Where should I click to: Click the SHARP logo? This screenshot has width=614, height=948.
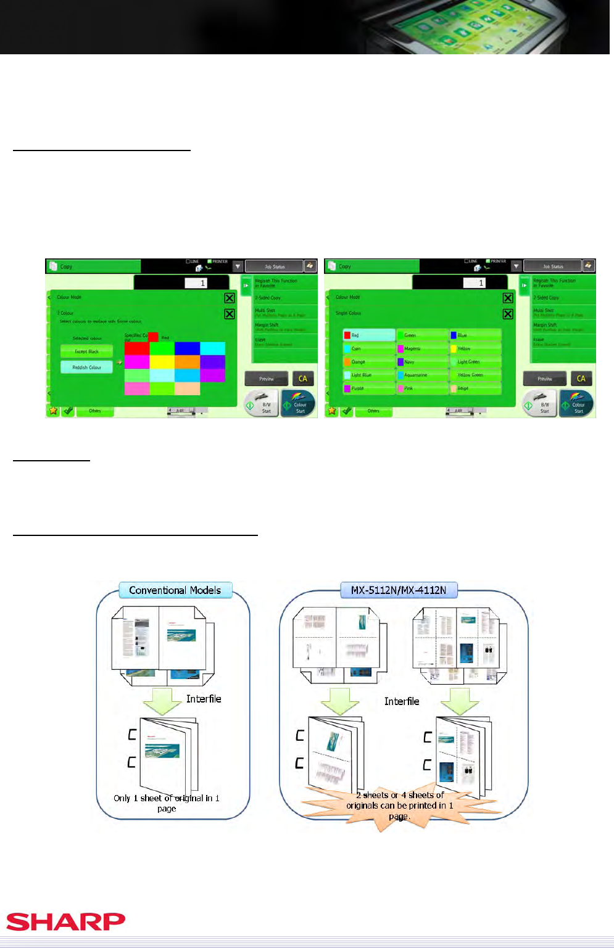click(65, 921)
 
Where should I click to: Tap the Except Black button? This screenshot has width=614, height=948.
click(86, 352)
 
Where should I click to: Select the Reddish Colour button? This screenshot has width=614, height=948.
click(86, 367)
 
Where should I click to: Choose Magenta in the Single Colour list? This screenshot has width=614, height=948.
click(421, 348)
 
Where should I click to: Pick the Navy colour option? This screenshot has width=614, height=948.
click(421, 362)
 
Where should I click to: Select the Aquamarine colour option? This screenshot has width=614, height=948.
click(421, 375)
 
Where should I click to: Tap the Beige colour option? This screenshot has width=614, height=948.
click(475, 389)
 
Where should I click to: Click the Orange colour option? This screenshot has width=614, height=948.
click(368, 362)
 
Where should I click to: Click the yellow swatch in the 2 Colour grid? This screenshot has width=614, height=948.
click(162, 361)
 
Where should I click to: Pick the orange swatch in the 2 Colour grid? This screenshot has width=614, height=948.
click(187, 361)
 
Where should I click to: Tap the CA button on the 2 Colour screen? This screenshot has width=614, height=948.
click(302, 379)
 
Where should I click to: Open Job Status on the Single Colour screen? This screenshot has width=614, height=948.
click(552, 266)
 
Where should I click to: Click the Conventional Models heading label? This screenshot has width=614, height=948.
click(175, 590)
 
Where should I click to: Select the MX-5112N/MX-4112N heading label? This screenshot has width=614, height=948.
click(399, 590)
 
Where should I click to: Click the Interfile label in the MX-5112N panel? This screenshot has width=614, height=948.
click(402, 701)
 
